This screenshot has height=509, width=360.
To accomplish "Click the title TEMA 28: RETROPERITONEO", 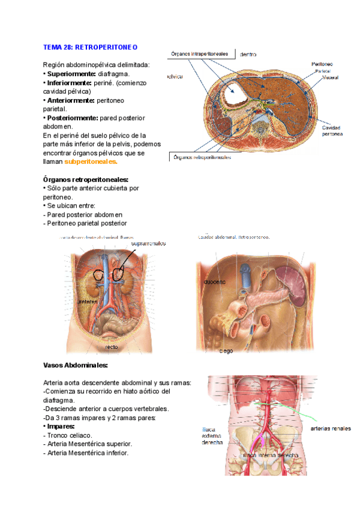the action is [x=91, y=47].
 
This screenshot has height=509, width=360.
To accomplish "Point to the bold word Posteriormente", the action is [x=71, y=118].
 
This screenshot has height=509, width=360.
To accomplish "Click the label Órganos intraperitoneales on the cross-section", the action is [x=200, y=53].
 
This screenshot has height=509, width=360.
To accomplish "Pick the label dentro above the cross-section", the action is [x=248, y=55].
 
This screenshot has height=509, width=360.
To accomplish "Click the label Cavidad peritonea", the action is [x=332, y=131].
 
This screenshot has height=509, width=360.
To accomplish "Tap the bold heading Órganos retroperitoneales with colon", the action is [x=86, y=179].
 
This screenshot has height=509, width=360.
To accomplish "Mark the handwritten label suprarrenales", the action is [x=144, y=243].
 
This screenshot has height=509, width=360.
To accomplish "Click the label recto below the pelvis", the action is [x=112, y=347].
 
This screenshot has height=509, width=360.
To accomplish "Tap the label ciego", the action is [x=226, y=351].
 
